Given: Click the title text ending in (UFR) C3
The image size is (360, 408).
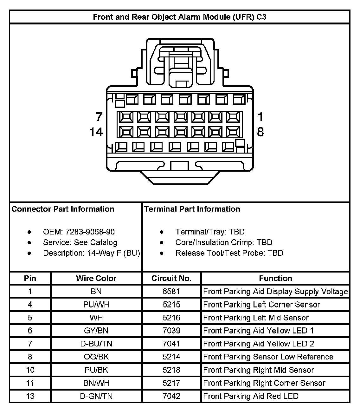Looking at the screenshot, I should coord(180,17).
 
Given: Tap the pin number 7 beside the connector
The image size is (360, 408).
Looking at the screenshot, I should coord(99,117).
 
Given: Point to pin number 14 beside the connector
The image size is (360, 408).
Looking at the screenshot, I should coord(96,132).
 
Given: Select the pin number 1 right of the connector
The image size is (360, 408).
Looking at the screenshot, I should coord(260,117).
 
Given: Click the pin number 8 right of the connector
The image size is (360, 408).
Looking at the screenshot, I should coord(260,132).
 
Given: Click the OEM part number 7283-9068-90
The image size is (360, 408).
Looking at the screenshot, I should coord(79,232).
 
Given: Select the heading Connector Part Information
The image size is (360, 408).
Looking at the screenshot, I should coord(63,209).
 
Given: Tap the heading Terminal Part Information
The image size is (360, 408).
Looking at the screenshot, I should coord(192,209).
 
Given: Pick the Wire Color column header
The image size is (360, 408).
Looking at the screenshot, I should coord(96,279).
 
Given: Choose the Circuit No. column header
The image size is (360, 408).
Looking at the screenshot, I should coord(171,279).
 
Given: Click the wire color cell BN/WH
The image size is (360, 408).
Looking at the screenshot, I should coord(96,383).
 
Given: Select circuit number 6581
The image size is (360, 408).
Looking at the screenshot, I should coord(171,292).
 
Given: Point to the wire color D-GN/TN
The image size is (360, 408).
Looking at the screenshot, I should coord(96,396).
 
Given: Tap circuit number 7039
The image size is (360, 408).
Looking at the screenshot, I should coord(171,331).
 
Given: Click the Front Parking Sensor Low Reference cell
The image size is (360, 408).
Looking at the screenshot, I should coord(268,357).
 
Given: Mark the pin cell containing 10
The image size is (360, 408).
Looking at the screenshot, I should coord(30,370).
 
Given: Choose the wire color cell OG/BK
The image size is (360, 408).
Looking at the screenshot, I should coord(96,357).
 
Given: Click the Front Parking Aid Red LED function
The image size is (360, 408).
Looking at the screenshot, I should coord(251,396).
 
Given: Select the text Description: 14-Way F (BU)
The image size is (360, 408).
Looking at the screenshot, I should coord(92,253).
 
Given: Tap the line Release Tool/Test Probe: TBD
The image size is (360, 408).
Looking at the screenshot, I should coord(229,253).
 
